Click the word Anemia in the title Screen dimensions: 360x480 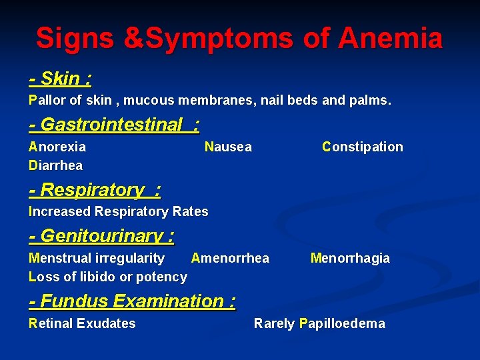coord(390,39)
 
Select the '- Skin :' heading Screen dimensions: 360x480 coord(61,79)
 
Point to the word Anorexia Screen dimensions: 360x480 coord(57,147)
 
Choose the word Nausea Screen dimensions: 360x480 coord(228,147)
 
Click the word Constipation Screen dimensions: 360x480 coord(362,147)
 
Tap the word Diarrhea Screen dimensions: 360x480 coord(56,165)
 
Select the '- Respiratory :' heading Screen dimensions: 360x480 coord(95,190)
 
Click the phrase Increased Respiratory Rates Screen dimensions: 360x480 coord(119,211)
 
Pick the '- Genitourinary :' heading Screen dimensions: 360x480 coord(102,236)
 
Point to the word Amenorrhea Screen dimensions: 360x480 coord(230,258)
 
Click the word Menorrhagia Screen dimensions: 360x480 coord(350,258)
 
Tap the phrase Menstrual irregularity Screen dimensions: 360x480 coord(97,258)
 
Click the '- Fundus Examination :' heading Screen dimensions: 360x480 coord(133,301)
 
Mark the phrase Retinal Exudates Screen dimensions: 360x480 coord(82,323)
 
